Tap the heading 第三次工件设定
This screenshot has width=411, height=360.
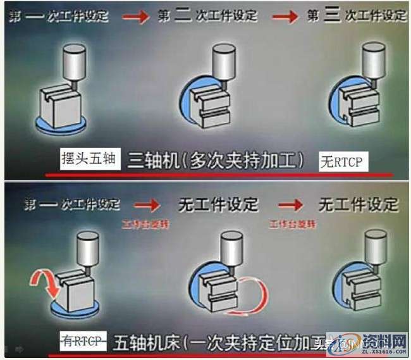358,16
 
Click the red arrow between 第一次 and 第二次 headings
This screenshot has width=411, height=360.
135,17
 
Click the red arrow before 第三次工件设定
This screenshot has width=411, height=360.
285,17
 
